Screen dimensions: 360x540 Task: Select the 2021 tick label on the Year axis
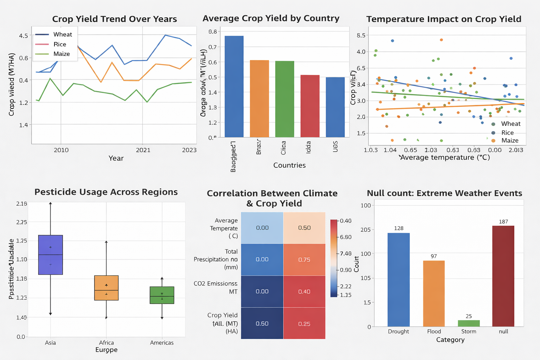(143, 150)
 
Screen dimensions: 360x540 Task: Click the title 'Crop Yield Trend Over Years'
(114, 19)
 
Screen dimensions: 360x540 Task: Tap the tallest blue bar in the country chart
(234, 86)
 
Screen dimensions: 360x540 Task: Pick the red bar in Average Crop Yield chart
(310, 106)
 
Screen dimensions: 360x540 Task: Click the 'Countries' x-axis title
(289, 165)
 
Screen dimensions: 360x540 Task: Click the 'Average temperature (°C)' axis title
(445, 157)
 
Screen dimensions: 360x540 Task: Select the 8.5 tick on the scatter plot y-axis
(361, 35)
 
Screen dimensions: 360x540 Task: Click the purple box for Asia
(50, 255)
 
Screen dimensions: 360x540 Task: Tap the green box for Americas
(162, 295)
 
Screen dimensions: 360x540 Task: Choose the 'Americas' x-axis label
(162, 343)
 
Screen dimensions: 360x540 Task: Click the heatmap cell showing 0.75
(304, 259)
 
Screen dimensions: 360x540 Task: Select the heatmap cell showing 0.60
(262, 323)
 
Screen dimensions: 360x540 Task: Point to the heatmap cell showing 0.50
(304, 228)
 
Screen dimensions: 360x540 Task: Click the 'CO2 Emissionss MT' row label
(216, 288)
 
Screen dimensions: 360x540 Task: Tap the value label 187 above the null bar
(503, 222)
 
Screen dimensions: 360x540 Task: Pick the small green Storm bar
(469, 323)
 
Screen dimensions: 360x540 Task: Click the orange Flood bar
(434, 294)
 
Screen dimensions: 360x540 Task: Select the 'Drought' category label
(398, 332)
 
